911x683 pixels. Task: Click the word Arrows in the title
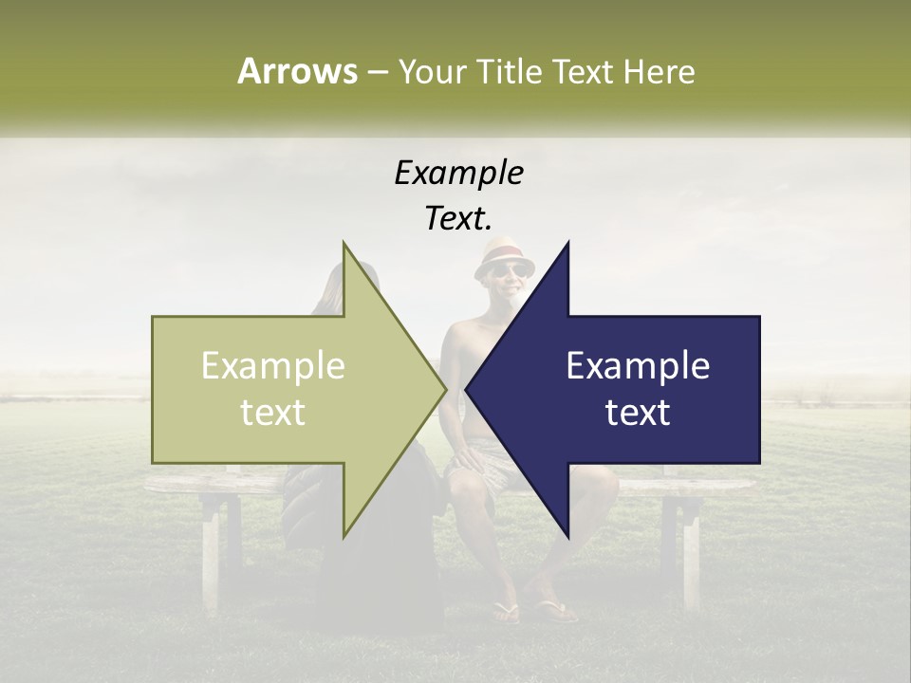[x=297, y=71]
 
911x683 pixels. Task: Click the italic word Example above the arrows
[x=458, y=173]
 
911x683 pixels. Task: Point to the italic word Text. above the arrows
[x=458, y=218]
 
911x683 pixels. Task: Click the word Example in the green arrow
[x=273, y=366]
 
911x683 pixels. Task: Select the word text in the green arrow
[x=273, y=412]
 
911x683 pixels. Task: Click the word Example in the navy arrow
[x=638, y=366]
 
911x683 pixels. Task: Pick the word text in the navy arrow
[x=638, y=412]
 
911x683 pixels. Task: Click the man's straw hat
[x=503, y=255]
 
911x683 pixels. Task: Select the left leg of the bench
[x=211, y=550]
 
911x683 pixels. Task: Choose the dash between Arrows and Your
[x=377, y=71]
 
